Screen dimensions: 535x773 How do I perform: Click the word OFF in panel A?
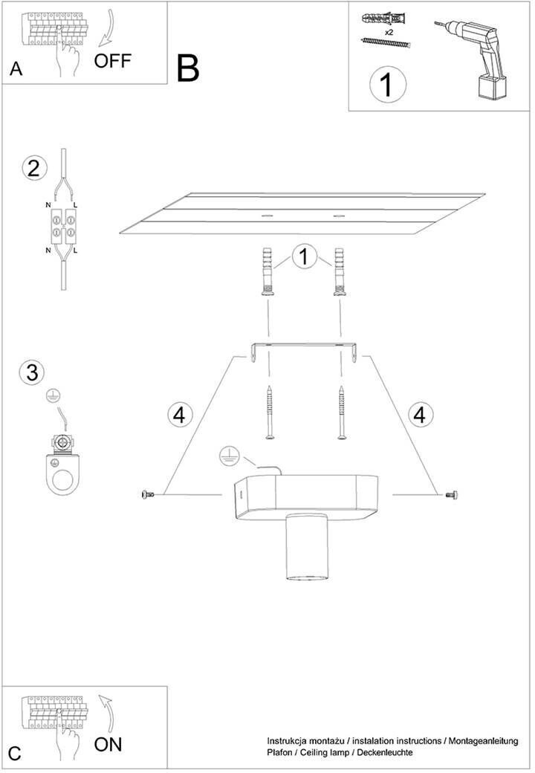pos(113,61)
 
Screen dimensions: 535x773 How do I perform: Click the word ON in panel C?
pos(108,744)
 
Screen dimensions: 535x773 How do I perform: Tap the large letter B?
pos(188,68)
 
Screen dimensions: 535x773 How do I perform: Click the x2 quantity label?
pos(389,32)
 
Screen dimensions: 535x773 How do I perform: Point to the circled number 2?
pos(34,169)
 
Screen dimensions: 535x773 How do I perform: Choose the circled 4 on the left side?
pos(180,415)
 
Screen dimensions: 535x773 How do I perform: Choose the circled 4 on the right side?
pos(420,415)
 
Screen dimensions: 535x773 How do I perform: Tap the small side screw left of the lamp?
pos(147,494)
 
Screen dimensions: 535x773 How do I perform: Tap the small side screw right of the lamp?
pos(451,494)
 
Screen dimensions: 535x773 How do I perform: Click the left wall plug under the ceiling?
pos(268,271)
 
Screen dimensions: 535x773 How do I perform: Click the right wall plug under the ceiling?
pos(339,271)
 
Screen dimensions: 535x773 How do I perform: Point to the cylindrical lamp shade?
pos(305,547)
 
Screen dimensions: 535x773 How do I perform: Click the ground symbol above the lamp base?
pos(228,456)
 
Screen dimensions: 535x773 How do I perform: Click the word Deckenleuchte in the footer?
pos(385,752)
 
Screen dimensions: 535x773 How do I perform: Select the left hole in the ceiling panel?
pos(268,216)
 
